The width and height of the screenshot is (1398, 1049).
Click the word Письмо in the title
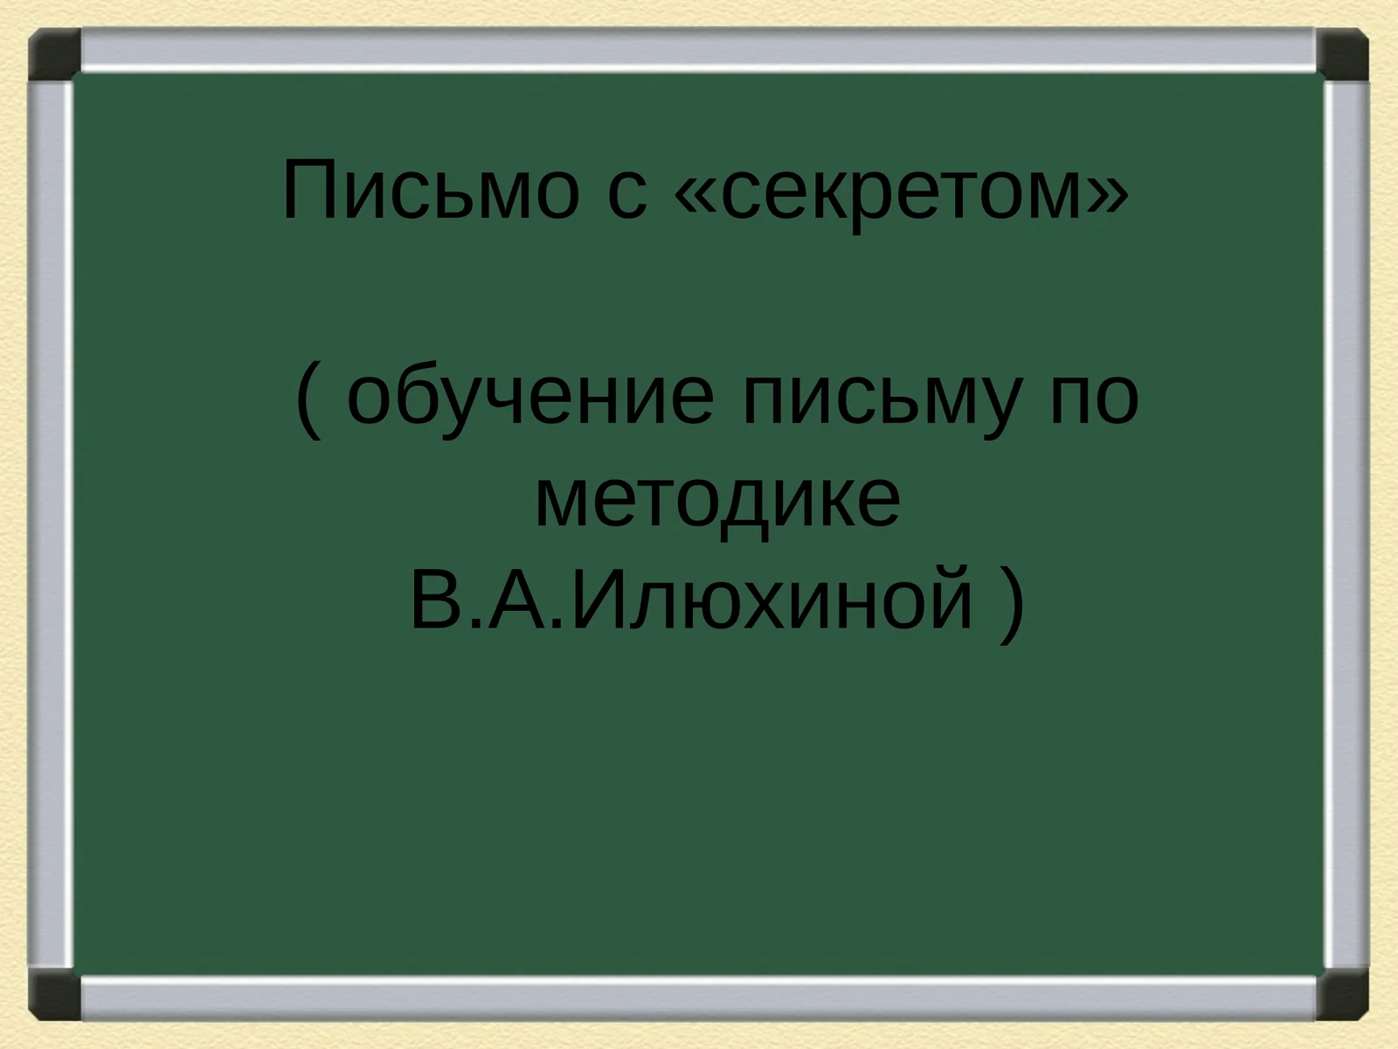click(430, 191)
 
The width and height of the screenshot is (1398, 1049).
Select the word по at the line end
click(1093, 399)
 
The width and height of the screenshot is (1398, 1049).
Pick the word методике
click(716, 500)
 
